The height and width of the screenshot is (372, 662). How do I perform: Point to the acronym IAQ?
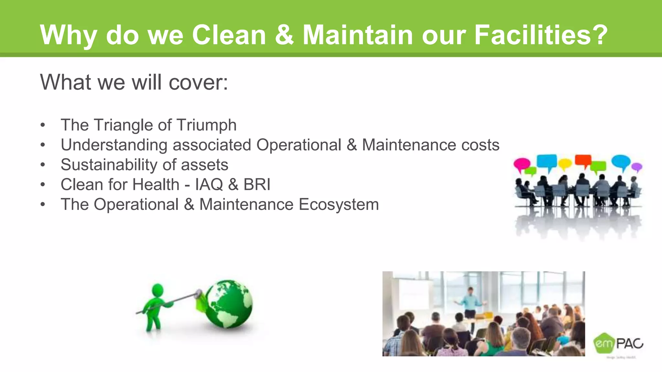(209, 185)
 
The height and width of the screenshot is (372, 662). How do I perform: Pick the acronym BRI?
(257, 185)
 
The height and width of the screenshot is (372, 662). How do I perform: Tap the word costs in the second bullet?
(480, 145)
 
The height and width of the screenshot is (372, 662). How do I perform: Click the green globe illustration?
(229, 304)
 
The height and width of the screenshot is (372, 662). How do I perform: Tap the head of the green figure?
(157, 290)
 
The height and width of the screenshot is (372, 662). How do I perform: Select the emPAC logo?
(618, 344)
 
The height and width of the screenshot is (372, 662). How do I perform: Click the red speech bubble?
(583, 160)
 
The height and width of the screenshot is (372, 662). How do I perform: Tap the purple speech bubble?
(636, 167)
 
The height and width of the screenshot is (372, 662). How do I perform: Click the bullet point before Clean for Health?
(43, 185)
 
